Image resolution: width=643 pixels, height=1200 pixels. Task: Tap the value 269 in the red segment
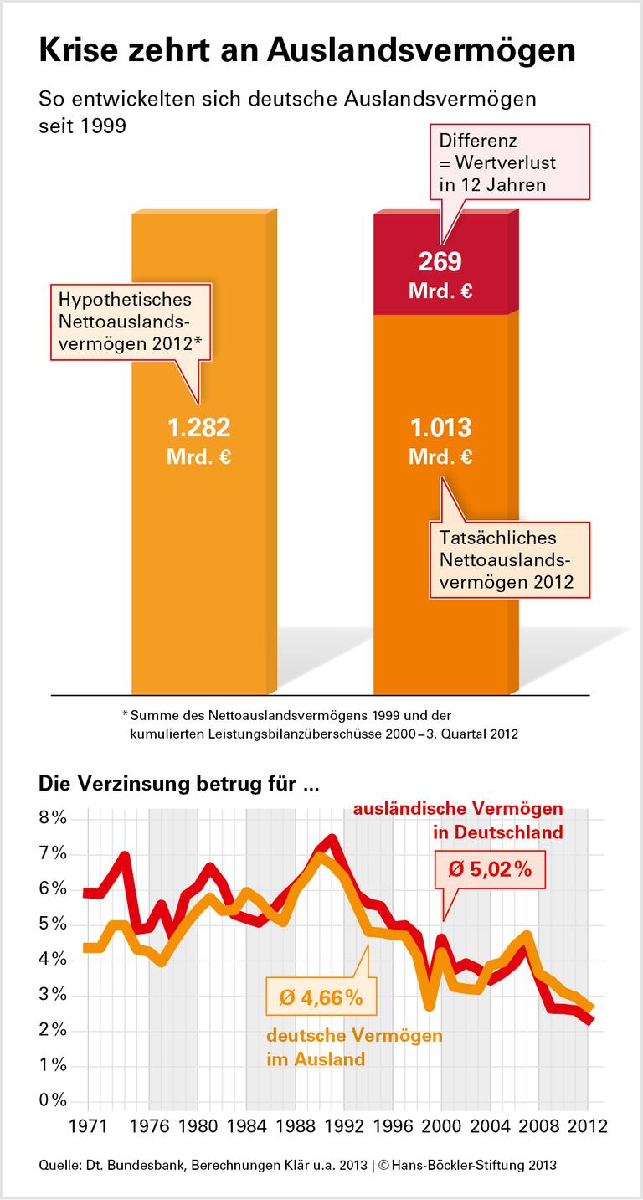point(440,262)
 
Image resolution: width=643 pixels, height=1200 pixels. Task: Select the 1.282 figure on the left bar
point(199,428)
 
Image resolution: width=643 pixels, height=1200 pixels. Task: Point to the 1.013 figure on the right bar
point(440,428)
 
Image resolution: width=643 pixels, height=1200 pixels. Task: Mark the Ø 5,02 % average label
point(490,869)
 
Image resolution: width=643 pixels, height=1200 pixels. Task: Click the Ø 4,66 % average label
point(320,997)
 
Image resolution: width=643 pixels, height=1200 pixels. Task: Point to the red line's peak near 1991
point(332,838)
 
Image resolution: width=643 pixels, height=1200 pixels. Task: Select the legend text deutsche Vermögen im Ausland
point(354,1047)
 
